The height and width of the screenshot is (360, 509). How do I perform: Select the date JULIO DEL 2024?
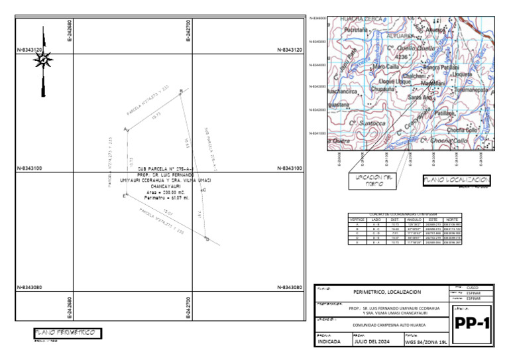point(372,342)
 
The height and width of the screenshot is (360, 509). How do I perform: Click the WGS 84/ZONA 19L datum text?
point(425,342)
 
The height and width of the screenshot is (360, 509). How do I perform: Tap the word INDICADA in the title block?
point(331,342)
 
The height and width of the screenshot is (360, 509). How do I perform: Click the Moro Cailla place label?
point(386,67)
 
